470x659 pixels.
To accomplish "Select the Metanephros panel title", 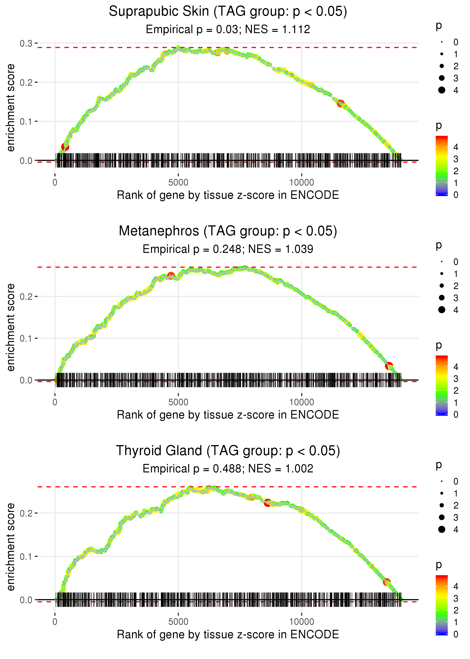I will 228,231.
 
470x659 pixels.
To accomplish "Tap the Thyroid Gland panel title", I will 228,451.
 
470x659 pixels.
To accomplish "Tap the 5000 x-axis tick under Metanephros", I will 178,402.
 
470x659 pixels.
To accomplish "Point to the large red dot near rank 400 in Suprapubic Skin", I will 65,147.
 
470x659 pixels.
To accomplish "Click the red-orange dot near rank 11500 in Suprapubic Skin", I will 341,103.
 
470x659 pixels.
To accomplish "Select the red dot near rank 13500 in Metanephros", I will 389,366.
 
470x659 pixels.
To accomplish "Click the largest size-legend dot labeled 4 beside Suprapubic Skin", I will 442,90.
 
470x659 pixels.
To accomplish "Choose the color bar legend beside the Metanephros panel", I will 442,385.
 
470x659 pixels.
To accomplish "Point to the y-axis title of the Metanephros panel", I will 11,327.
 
